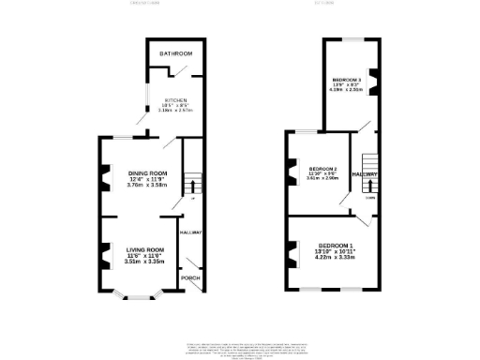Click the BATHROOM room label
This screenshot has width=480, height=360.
click(x=175, y=54)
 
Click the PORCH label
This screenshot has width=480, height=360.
click(x=190, y=278)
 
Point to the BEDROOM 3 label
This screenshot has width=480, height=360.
click(x=347, y=81)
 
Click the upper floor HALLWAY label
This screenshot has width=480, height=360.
click(x=365, y=174)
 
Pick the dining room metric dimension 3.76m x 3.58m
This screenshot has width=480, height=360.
click(x=147, y=186)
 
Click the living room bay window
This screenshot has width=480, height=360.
click(x=138, y=297)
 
